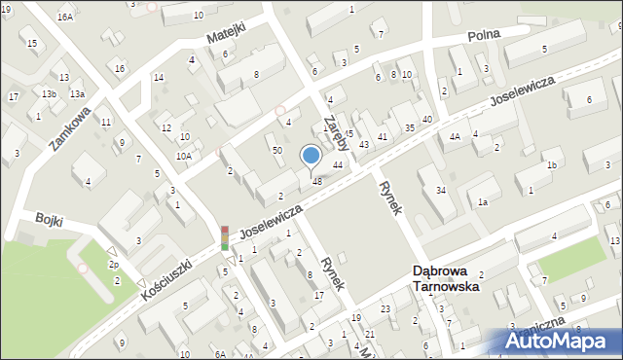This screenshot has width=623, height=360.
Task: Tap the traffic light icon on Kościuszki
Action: pos(224,238)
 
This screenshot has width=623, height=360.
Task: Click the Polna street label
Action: pos(483,35)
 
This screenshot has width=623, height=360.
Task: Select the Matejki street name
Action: pos(225,35)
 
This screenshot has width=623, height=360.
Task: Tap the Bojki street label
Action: pos(49,221)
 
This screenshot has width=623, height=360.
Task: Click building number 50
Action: pos(277,151)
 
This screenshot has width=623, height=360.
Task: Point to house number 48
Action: pos(316,181)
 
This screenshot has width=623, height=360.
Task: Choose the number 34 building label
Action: pos(441,190)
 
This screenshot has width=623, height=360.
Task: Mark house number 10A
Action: pos(183,156)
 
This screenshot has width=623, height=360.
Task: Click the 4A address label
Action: pos(455,137)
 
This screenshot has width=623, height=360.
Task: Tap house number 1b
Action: pos(552,165)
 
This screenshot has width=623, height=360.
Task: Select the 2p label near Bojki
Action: pos(114,265)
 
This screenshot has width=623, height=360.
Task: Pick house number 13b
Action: pos(49,94)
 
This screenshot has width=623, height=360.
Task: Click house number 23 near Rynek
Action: pos(385,309)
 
